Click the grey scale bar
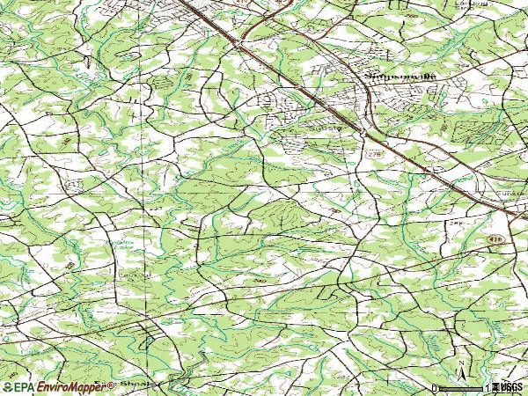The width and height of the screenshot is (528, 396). (x=463, y=388)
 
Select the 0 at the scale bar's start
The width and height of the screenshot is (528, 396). (x=435, y=388)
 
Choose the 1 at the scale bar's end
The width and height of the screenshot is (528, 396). (x=487, y=388)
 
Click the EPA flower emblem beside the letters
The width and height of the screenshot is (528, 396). (x=9, y=387)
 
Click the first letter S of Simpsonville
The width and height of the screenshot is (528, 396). (x=368, y=77)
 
